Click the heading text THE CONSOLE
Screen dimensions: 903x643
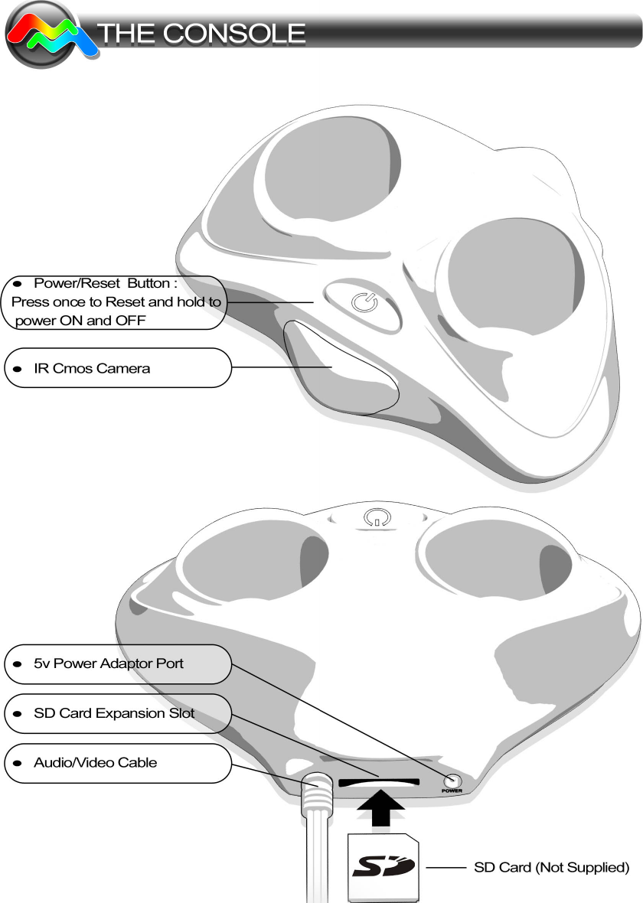pyautogui.click(x=201, y=34)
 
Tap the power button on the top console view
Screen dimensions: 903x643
pyautogui.click(x=364, y=304)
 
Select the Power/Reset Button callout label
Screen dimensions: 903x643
pyautogui.click(x=115, y=302)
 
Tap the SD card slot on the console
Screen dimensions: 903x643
pyautogui.click(x=378, y=783)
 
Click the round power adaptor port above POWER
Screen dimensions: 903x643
pyautogui.click(x=452, y=780)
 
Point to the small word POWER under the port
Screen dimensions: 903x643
pyautogui.click(x=452, y=791)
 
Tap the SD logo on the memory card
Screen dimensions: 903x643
pyautogui.click(x=383, y=867)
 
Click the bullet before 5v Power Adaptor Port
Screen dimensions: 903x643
pyautogui.click(x=16, y=664)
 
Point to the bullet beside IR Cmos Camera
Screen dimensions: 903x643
pyautogui.click(x=16, y=369)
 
